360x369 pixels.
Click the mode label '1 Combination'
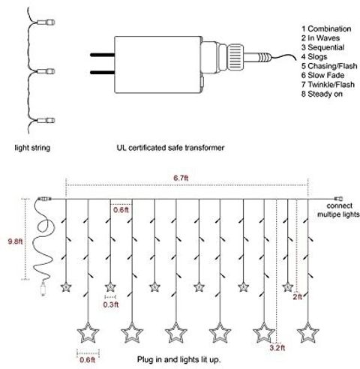tap(326, 28)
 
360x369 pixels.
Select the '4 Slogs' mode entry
tap(314, 57)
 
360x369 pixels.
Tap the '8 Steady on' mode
tap(322, 94)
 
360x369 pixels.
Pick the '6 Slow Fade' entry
tap(322, 75)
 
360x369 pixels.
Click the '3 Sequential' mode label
tap(322, 47)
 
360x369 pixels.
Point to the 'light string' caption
tap(32, 148)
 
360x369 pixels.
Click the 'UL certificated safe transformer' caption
tap(170, 148)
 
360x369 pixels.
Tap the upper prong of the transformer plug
tap(103, 55)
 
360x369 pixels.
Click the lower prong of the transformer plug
tap(103, 73)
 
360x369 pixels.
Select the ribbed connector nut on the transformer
tap(235, 58)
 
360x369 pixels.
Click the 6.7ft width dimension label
tap(181, 178)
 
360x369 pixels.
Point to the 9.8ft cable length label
tap(15, 241)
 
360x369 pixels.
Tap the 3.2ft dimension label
tap(277, 348)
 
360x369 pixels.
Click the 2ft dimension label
tap(298, 297)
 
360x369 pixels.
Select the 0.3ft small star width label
tap(111, 304)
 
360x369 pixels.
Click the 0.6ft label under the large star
tap(88, 360)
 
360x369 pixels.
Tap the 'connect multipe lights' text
tap(338, 210)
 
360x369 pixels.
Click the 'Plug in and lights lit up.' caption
tap(179, 359)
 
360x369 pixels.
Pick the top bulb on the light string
tap(46, 22)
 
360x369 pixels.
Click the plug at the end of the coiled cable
tap(43, 289)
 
